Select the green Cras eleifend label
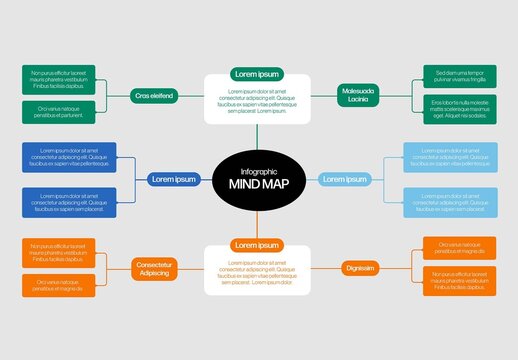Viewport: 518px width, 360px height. pos(153,96)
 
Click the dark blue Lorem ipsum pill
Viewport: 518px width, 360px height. pos(173,179)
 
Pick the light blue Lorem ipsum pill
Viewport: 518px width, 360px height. pos(344,179)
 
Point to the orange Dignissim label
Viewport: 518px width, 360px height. pos(360,268)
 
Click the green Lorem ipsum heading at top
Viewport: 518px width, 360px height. pos(258,74)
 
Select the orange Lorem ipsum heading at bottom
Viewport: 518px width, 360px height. pos(258,245)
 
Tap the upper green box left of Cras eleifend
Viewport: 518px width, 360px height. pos(58,80)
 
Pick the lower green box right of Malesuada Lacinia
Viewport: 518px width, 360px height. pos(460,109)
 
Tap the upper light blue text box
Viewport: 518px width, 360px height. pos(449,157)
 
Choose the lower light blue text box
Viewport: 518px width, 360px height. pos(449,202)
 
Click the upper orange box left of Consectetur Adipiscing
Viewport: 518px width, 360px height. pos(58,253)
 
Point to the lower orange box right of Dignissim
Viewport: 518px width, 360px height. pos(460,281)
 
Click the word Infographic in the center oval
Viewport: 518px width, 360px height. pos(258,170)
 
